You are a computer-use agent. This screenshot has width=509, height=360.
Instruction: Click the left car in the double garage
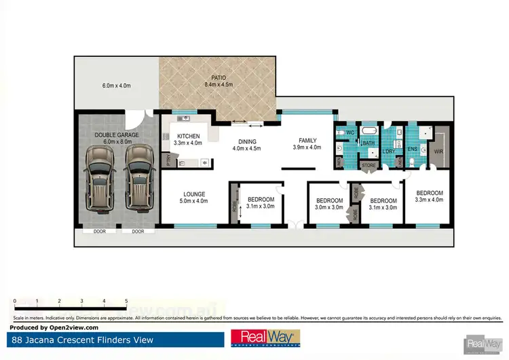(x=99, y=179)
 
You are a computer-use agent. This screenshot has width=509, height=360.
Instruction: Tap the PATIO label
(x=219, y=78)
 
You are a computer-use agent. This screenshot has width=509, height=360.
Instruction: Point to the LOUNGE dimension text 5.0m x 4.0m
(x=193, y=201)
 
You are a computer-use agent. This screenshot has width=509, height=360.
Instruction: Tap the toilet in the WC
(x=340, y=132)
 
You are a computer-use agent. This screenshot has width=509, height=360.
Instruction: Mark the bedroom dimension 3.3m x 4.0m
(x=429, y=200)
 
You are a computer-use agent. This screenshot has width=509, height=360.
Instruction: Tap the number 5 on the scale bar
(x=126, y=300)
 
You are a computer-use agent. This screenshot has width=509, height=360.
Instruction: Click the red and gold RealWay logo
(x=266, y=338)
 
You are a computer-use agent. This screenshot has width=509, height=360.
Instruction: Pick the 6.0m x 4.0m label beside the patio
(x=116, y=86)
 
